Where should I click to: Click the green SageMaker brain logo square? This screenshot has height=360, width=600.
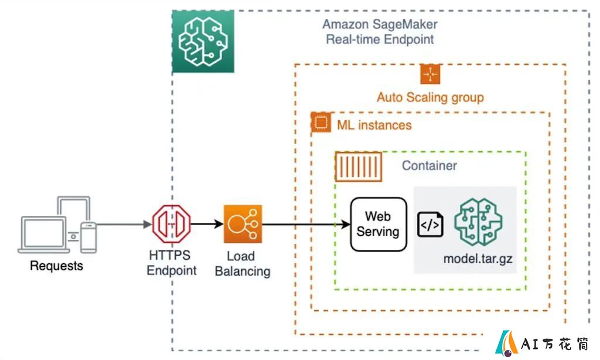pos(203,42)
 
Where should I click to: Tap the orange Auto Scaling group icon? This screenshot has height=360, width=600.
pos(430,74)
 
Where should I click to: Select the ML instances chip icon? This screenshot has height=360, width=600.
pos(321,122)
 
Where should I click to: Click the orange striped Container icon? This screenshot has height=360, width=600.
pos(359,167)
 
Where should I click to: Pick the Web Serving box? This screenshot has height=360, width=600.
pos(379,225)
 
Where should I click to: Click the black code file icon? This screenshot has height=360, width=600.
pos(430,225)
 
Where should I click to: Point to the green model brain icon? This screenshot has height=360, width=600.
pos(478,222)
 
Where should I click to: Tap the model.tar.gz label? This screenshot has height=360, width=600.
pos(478,259)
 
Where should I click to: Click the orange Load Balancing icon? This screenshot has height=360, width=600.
pos(243,224)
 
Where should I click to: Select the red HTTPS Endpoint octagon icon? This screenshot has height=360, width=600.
pos(172,224)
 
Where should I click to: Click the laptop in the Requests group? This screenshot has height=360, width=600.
pos(43,235)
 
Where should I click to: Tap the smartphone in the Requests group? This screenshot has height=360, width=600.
pos(88,237)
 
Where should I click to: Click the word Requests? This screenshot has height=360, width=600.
pos(57,266)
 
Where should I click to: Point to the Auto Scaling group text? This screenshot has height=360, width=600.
pos(431,98)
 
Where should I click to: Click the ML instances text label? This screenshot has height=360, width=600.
pos(374,125)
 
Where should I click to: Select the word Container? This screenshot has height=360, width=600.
pos(429,165)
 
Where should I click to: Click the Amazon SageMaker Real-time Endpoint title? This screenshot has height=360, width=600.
pos(380,32)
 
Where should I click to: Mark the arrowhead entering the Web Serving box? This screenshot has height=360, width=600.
pos(346,225)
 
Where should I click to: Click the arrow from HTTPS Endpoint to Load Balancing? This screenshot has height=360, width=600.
pos(207,224)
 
